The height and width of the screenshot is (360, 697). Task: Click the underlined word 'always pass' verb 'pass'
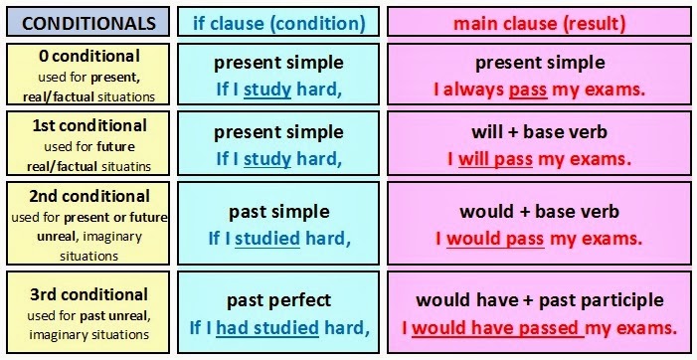click(x=527, y=90)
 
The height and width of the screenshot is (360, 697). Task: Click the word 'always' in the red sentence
click(x=474, y=90)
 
